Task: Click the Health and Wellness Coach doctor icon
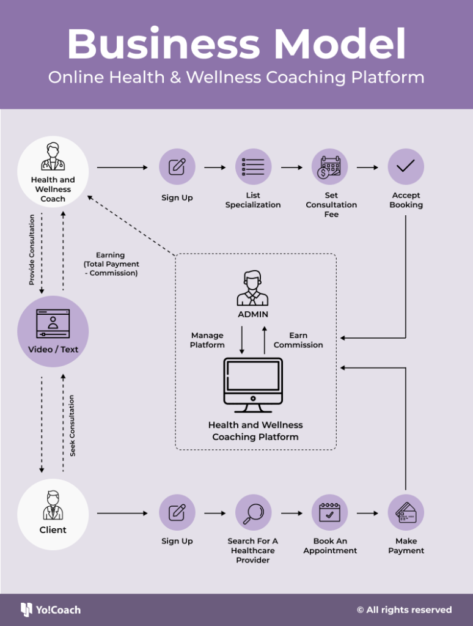[x=53, y=156]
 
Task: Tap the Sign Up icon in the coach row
[x=177, y=166]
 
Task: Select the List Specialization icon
[x=253, y=166]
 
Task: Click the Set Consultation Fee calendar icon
[x=329, y=166]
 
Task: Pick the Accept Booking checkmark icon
[x=406, y=166]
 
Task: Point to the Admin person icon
[x=252, y=289]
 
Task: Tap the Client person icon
[x=53, y=505]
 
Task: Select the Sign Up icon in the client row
[x=177, y=512]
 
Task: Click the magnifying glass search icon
[x=253, y=512]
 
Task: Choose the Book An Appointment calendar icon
[x=329, y=512]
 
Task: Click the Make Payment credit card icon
[x=406, y=512]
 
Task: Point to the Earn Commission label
[x=298, y=341]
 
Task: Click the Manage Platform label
[x=207, y=341]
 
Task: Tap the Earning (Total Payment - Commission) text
[x=111, y=264]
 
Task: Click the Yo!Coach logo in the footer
[x=51, y=609]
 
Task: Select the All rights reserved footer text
[x=404, y=609]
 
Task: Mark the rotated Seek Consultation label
[x=73, y=425]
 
